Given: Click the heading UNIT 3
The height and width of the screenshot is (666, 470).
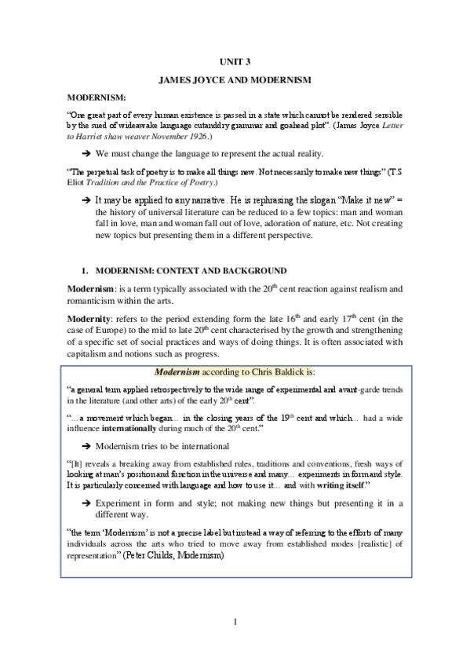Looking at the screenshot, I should (235, 61).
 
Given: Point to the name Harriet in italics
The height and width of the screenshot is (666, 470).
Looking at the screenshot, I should (92, 136).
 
